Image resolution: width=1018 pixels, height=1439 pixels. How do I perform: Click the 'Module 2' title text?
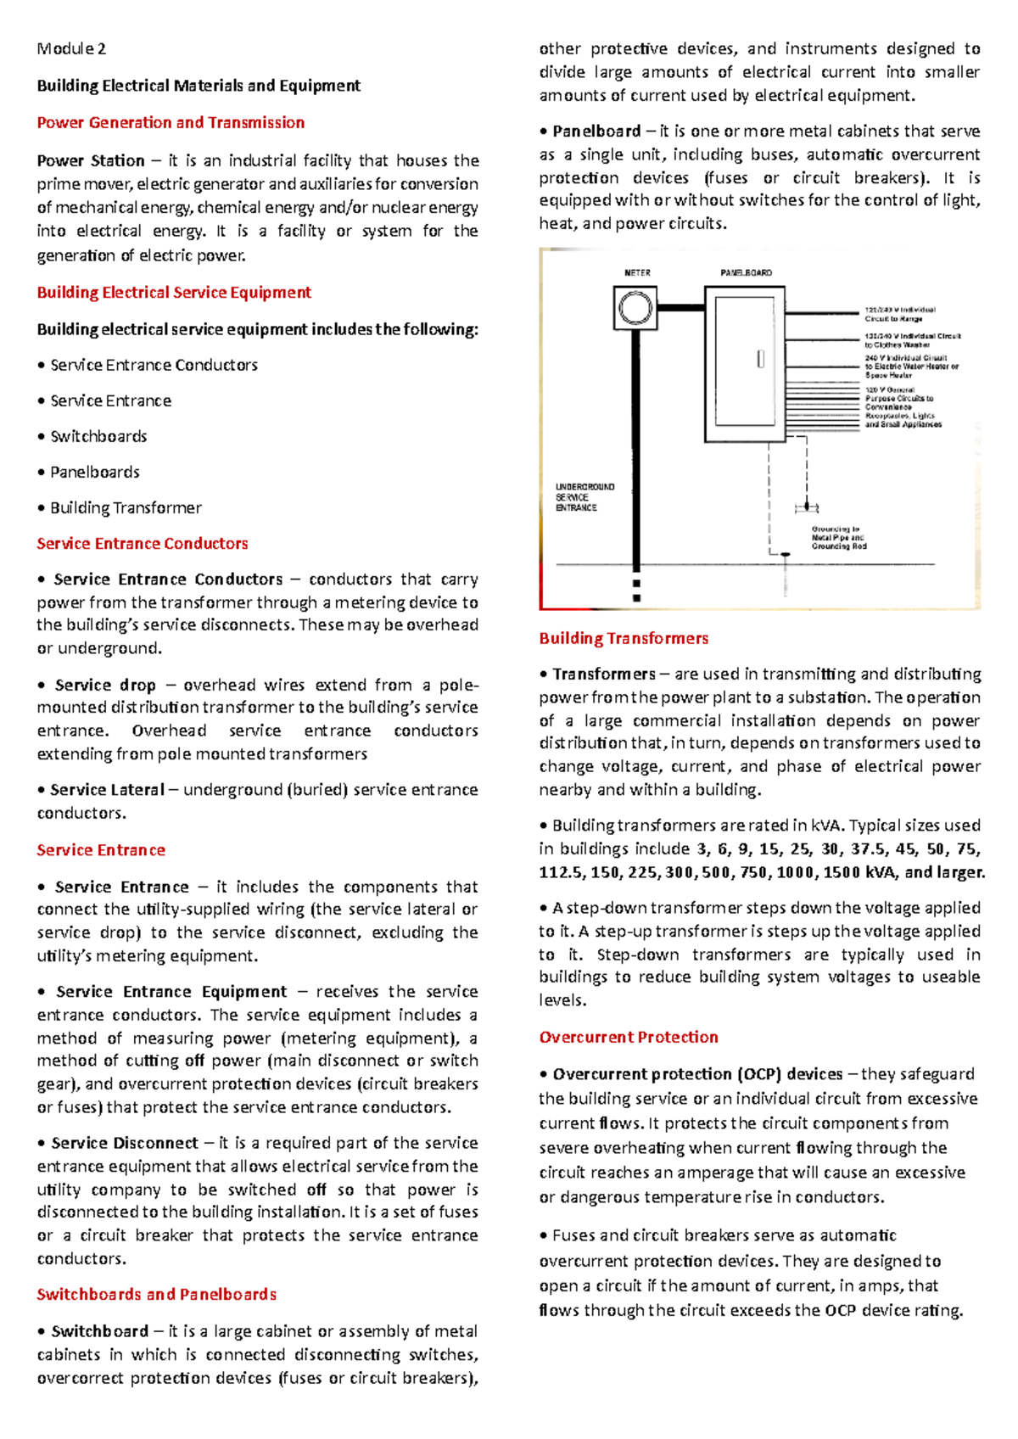[x=71, y=48]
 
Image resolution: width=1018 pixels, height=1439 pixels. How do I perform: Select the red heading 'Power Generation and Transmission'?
[x=171, y=122]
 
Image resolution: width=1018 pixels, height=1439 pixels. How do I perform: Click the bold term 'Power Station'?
[x=91, y=160]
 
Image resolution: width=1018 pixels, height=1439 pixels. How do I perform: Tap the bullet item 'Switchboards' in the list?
[x=98, y=436]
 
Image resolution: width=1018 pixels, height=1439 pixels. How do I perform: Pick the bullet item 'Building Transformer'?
[x=126, y=507]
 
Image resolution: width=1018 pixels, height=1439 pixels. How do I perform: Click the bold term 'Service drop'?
[x=105, y=685]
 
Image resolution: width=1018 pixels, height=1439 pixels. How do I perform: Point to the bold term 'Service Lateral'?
[x=107, y=789]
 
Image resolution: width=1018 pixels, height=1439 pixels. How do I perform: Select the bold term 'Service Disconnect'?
[x=125, y=1143]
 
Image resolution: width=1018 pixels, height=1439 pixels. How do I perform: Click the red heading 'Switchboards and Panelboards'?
[x=157, y=1294]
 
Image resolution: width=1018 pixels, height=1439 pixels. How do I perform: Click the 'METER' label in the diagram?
[x=637, y=273]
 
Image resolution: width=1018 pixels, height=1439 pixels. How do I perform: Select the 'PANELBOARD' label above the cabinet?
[x=746, y=273]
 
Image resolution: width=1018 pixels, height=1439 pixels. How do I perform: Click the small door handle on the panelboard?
[x=760, y=359]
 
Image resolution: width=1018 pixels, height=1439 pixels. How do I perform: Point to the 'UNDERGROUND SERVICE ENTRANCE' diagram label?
[x=585, y=497]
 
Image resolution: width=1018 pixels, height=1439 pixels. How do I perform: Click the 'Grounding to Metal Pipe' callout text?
[x=838, y=537]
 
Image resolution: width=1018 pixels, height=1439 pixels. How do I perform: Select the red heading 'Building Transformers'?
[x=624, y=638]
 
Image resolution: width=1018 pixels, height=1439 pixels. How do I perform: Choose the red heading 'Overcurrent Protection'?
[x=629, y=1037]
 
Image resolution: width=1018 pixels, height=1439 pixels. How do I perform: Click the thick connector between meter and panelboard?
[x=681, y=307]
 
